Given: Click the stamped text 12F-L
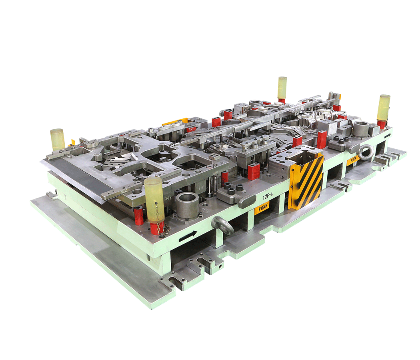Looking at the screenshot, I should (269, 196).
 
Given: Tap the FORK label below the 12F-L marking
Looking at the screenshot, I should (262, 208).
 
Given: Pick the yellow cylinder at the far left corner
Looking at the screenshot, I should (57, 140).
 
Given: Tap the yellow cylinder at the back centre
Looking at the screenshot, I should (282, 87).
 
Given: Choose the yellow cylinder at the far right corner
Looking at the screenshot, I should (383, 107).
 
